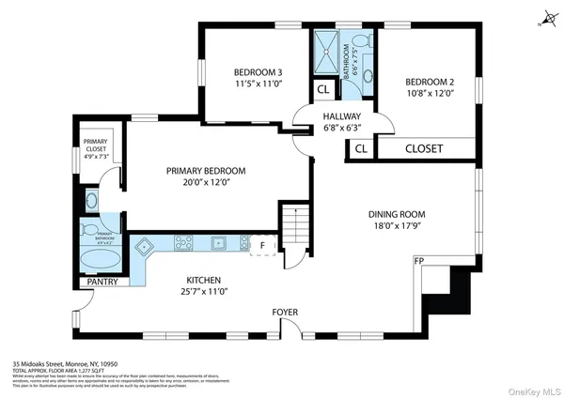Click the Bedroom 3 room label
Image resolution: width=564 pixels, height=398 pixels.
point(258,72)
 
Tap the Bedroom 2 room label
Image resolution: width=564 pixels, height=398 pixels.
point(429,80)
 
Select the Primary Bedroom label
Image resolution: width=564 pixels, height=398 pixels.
point(205,171)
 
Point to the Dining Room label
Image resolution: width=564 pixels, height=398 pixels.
point(397,214)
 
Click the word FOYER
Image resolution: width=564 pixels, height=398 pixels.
point(285,311)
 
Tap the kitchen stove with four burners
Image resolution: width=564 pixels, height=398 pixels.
point(182,243)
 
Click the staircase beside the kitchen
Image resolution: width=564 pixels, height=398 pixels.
point(296,225)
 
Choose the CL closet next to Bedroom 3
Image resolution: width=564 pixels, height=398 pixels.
point(322,90)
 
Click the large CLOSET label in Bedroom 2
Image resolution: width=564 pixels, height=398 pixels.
point(423,148)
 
